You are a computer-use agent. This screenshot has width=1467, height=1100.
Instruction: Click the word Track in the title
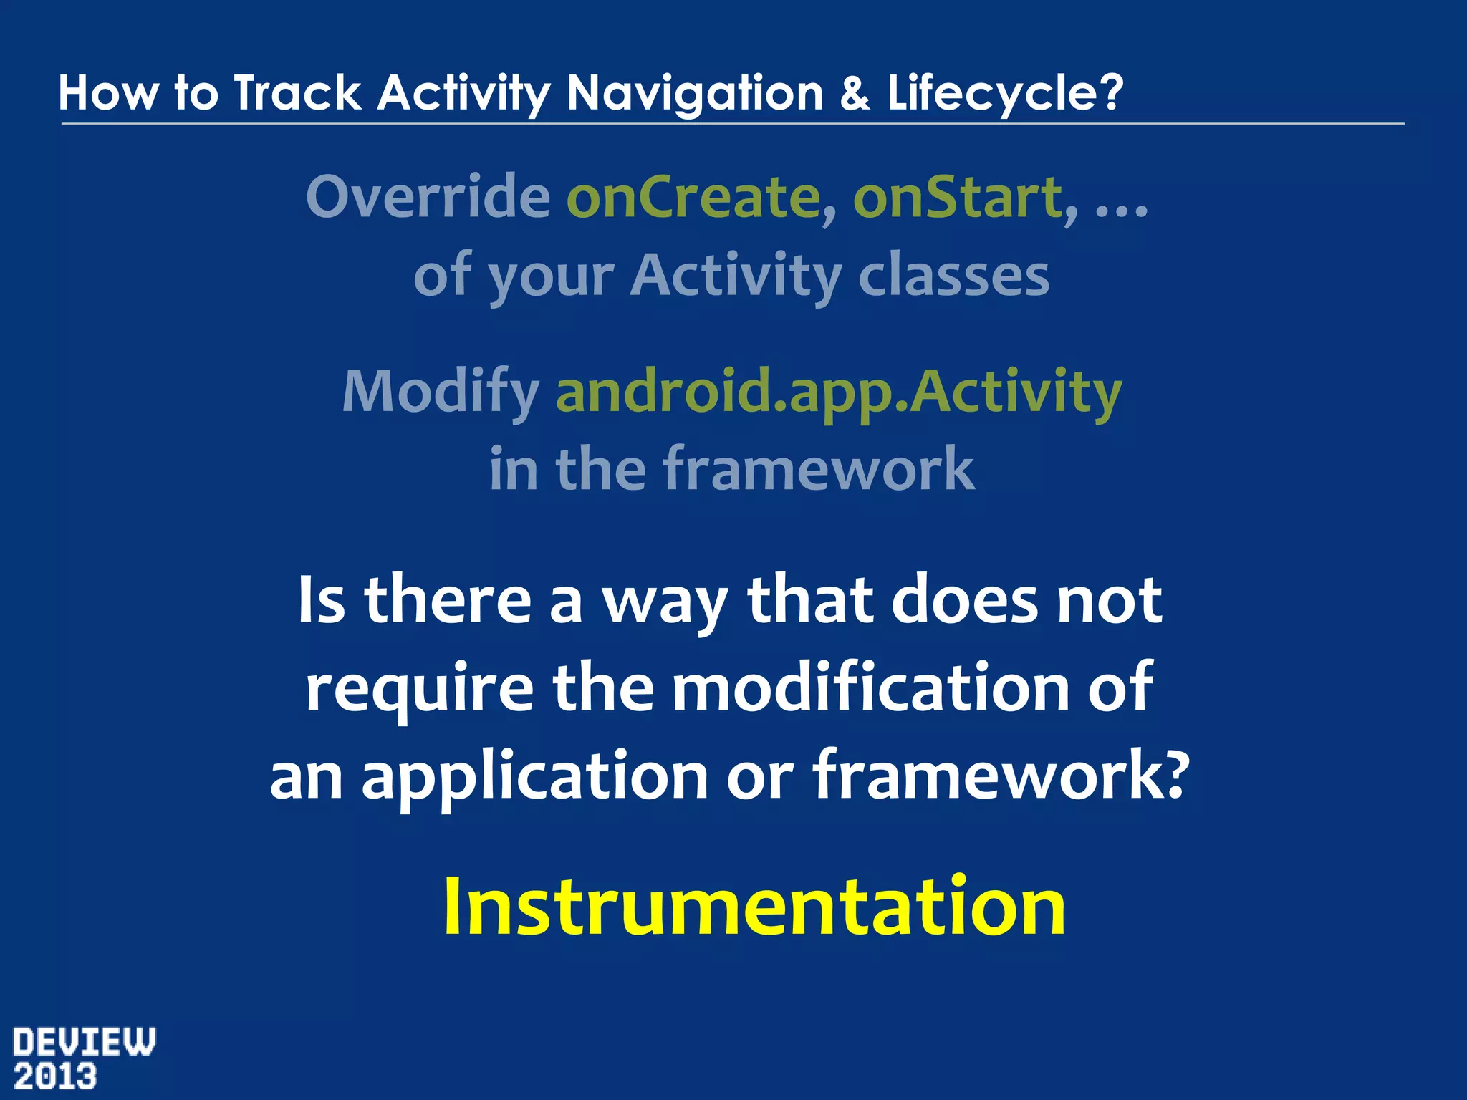(x=297, y=93)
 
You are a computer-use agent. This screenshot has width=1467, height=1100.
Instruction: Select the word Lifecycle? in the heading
(x=1004, y=93)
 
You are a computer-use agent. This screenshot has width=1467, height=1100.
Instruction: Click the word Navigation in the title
(x=694, y=93)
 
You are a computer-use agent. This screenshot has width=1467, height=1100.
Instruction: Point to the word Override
(x=428, y=197)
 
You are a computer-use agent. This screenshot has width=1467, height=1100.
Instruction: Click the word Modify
(x=441, y=392)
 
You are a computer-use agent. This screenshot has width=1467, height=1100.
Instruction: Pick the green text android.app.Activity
(x=838, y=392)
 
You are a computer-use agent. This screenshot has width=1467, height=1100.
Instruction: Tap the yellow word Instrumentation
(x=754, y=907)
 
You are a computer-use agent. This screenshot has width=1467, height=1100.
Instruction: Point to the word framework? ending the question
(x=1001, y=776)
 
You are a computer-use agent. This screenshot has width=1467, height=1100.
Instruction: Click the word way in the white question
(x=663, y=602)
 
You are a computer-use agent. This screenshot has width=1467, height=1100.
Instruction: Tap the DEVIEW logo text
(x=84, y=1043)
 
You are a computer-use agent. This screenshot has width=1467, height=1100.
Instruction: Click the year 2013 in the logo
(x=55, y=1077)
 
